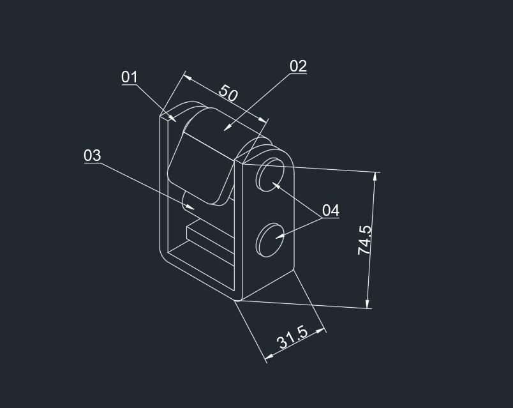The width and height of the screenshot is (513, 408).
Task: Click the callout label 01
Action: coord(130,77)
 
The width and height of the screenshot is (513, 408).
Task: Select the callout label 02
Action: coord(298,66)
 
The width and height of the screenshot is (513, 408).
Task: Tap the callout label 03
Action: coord(93,155)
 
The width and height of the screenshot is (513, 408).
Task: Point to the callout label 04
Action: coord(331,211)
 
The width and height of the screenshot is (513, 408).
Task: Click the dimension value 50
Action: coord(228,93)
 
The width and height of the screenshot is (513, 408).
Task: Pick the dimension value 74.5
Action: coord(364,240)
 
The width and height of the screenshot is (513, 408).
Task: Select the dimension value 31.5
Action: coord(292,337)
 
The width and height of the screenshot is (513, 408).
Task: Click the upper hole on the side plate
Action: coord(270,174)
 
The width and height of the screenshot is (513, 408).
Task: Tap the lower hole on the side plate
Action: coord(270,240)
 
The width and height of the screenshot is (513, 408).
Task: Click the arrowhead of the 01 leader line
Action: coord(172,118)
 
